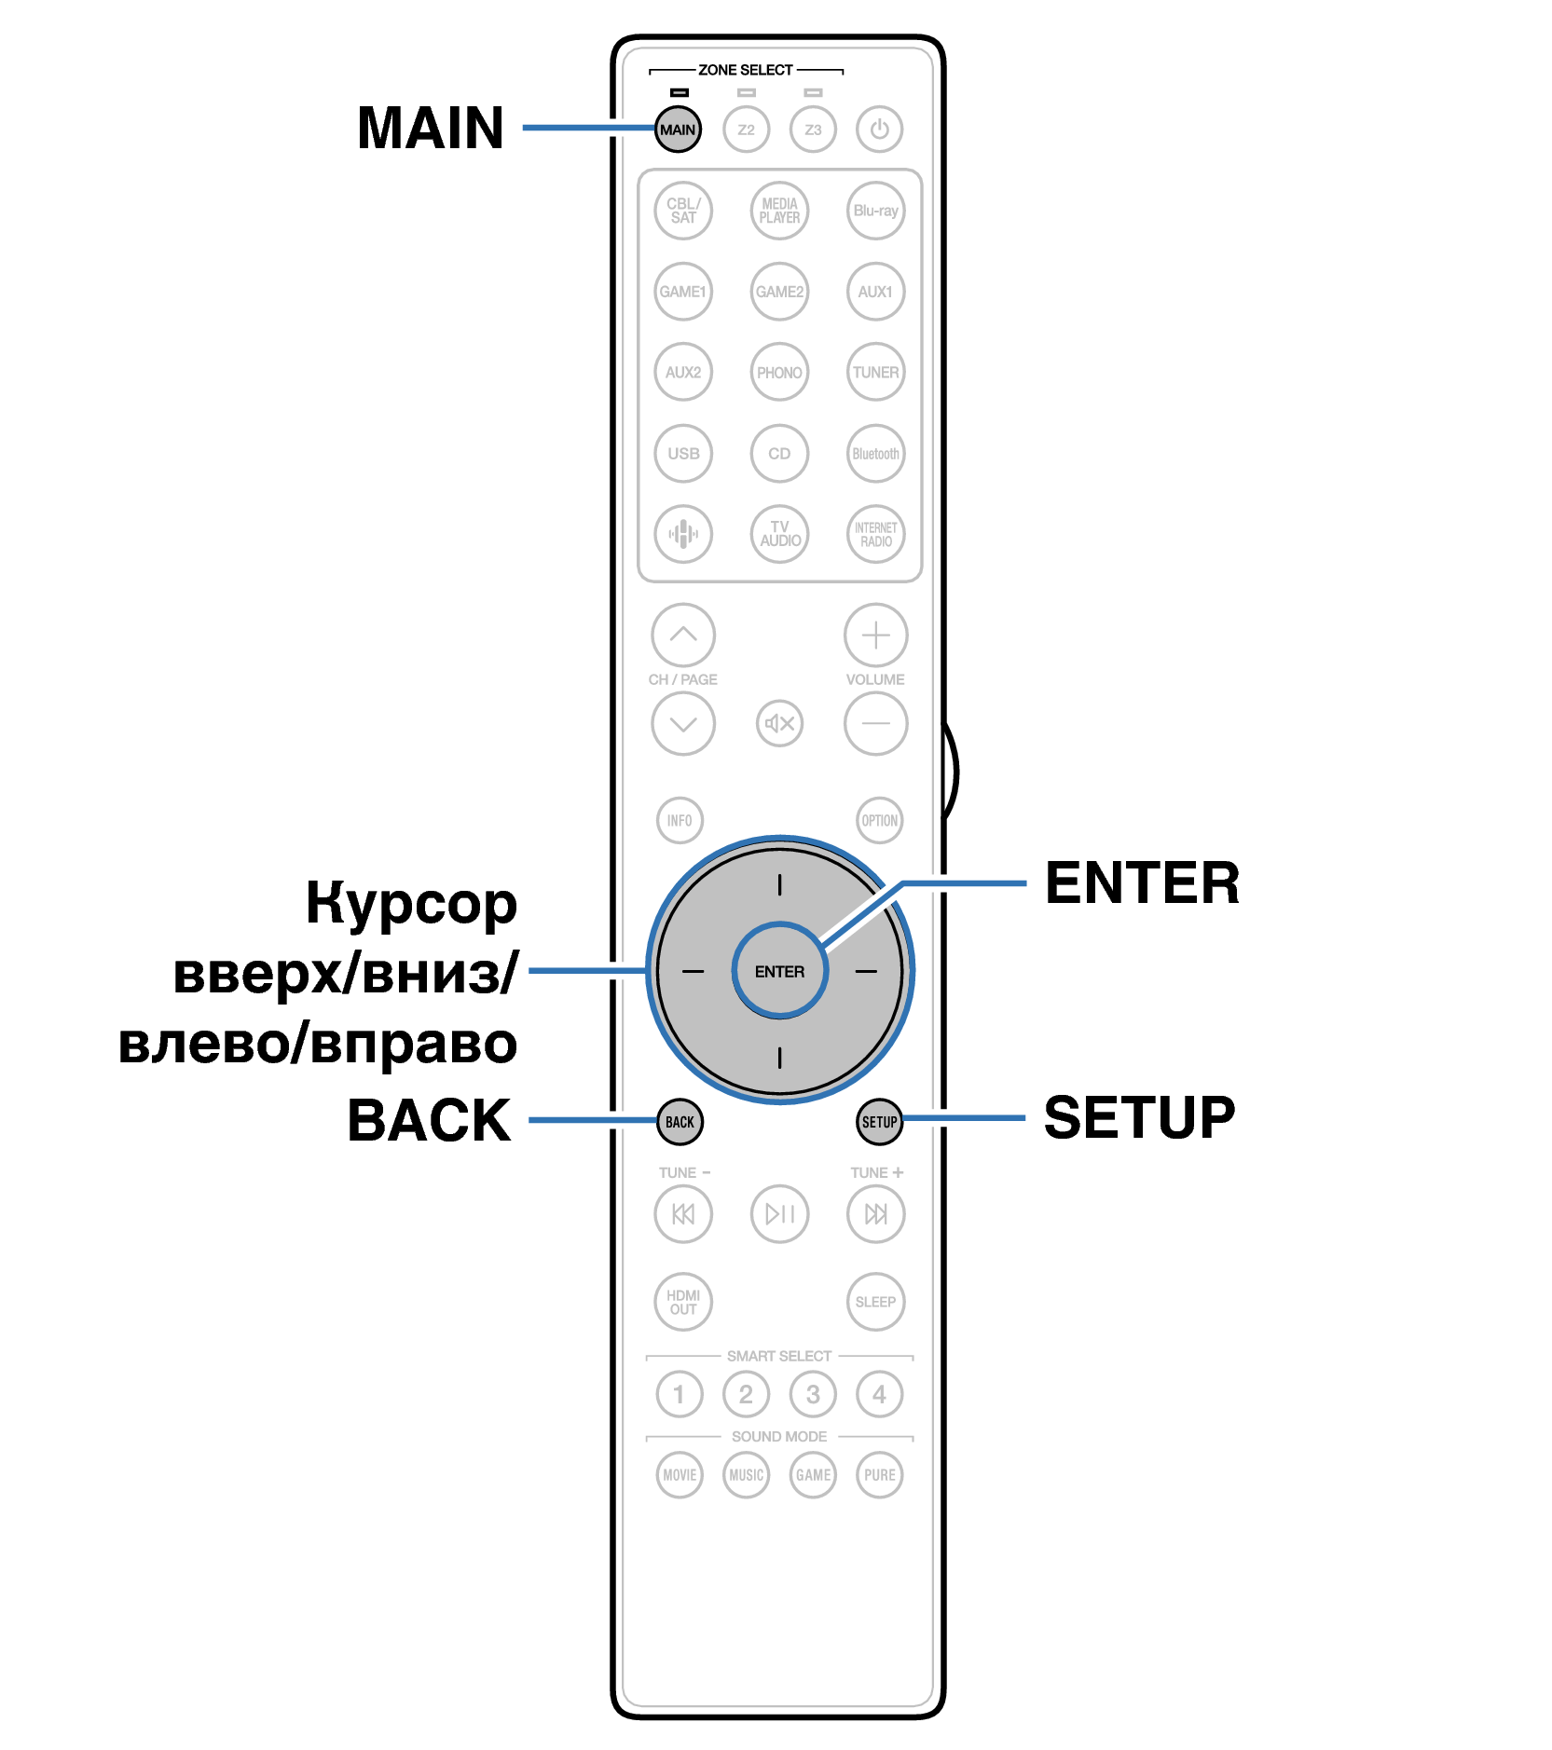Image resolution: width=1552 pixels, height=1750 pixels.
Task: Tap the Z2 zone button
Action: (746, 130)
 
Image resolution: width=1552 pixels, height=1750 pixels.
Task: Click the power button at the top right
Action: (879, 130)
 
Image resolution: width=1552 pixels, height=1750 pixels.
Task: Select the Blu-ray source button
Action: (875, 211)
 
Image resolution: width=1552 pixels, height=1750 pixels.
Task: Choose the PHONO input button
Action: (779, 373)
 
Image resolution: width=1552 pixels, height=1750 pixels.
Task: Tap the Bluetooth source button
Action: (875, 454)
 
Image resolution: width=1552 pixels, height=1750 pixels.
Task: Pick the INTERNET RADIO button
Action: (875, 534)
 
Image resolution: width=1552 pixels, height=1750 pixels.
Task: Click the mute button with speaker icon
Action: (779, 723)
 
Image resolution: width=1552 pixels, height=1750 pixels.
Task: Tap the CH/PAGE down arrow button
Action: (683, 723)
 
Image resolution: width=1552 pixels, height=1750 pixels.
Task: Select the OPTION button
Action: (879, 821)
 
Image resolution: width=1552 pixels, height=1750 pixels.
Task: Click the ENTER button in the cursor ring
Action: (779, 971)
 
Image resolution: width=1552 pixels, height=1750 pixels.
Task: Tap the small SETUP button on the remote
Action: (879, 1122)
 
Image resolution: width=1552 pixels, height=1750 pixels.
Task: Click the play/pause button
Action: (779, 1213)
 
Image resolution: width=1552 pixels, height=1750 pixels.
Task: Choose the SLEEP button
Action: (875, 1302)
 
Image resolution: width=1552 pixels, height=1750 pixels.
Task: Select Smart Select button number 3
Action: (813, 1394)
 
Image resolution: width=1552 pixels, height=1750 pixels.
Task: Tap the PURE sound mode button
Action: (879, 1475)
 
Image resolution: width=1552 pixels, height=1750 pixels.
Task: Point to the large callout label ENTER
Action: (1142, 883)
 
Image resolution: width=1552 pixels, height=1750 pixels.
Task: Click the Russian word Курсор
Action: (411, 904)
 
